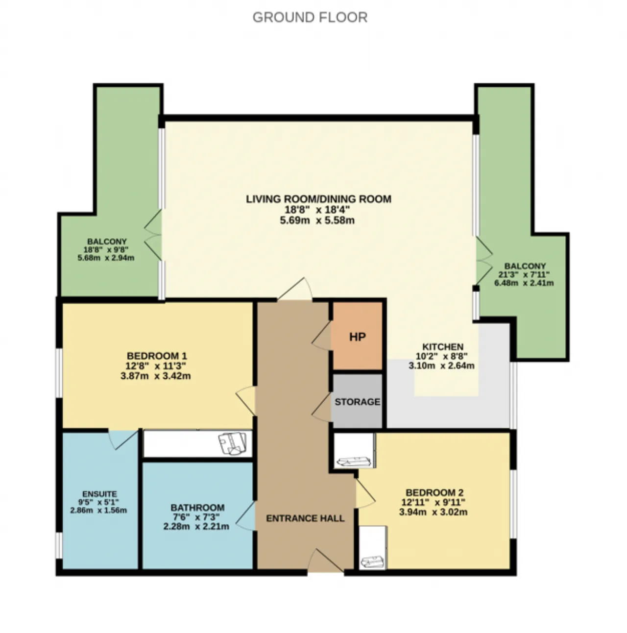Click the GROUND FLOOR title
pos(310,18)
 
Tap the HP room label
pos(357,337)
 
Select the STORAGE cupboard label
pos(358,402)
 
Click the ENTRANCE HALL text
pos(305,518)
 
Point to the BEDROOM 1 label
pos(157,356)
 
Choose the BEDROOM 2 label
pos(434,493)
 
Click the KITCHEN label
pos(443,346)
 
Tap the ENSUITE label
pos(99,494)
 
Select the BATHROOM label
pos(197,508)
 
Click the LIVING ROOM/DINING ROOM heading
pos(318,199)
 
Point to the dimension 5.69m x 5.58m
pos(317,220)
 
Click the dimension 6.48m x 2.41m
pos(524,283)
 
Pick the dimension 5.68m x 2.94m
pos(106,258)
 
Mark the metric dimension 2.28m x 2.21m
pos(196,527)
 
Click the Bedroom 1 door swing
pos(246,401)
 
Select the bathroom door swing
pos(245,515)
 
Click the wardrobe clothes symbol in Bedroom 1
pos(232,444)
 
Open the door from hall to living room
pos(294,289)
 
